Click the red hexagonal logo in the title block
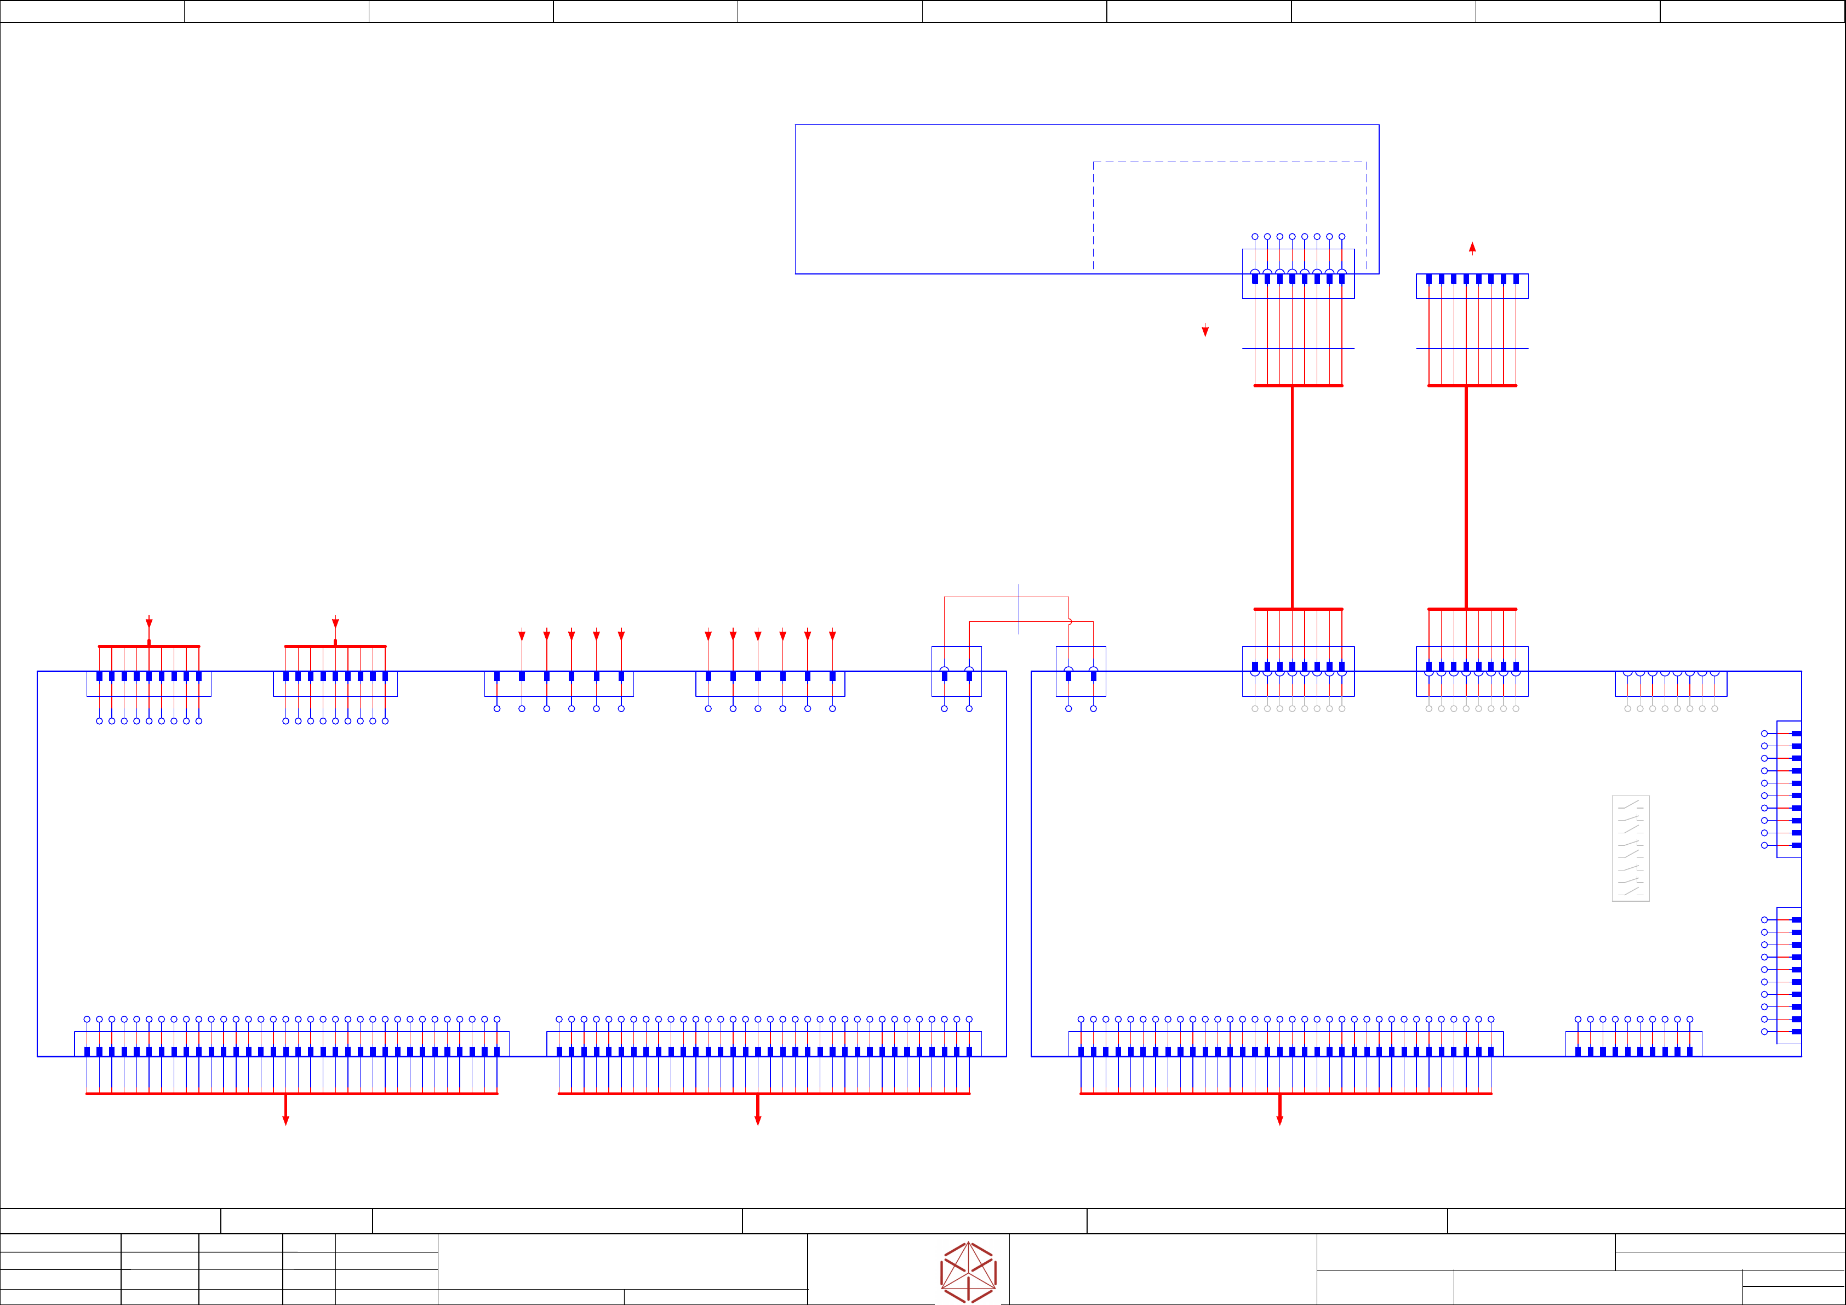[x=968, y=1272]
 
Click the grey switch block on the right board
[x=1631, y=848]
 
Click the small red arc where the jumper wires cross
[x=1070, y=621]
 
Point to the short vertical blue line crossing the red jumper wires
[x=1019, y=609]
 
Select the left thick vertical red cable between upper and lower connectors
[x=1292, y=497]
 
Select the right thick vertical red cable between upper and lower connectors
[x=1466, y=497]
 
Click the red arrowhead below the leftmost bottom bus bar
[x=285, y=1119]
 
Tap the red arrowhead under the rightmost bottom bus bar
[x=1280, y=1119]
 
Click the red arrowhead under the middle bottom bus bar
[x=757, y=1119]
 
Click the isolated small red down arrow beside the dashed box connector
[x=1205, y=330]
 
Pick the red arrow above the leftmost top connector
[x=148, y=622]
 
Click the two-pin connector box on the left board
[x=956, y=671]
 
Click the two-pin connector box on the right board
[x=1081, y=671]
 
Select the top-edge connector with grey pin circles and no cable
[x=1671, y=684]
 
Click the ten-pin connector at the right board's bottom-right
[x=1634, y=1044]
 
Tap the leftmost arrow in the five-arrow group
[x=522, y=635]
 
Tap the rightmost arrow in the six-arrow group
[x=832, y=635]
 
